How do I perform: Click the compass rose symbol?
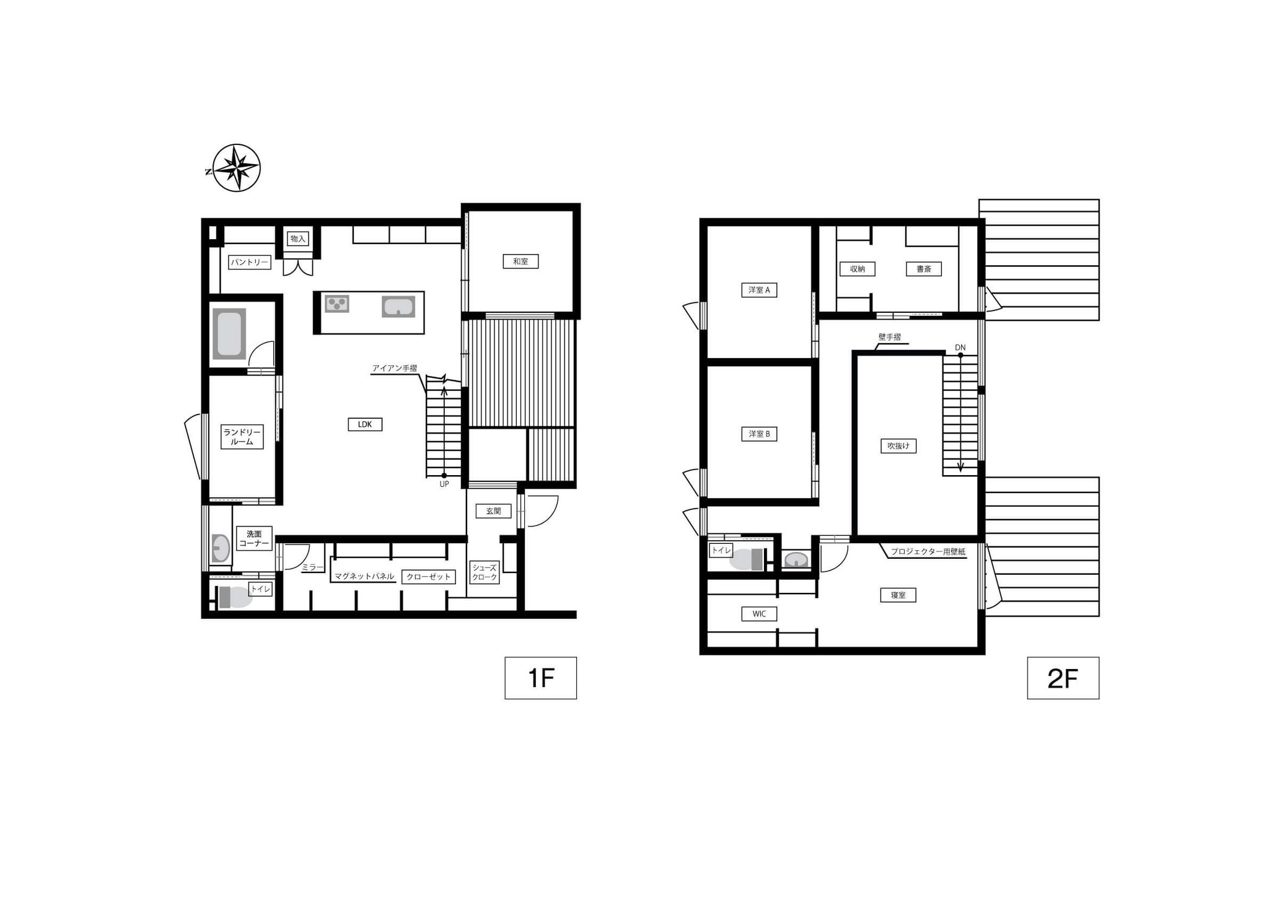[235, 168]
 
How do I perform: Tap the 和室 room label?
[520, 261]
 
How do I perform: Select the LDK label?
[365, 424]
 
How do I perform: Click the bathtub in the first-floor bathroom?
[229, 334]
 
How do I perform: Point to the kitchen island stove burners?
[337, 304]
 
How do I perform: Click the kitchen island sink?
[398, 307]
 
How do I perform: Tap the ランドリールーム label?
[242, 437]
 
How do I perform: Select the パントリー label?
[250, 262]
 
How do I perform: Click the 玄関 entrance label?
[493, 511]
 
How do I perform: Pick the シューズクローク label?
[485, 572]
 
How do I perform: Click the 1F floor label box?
[540, 678]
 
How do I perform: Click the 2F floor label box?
[1063, 678]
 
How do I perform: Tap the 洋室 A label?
[759, 290]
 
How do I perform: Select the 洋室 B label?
[759, 434]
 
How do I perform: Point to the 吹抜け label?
[898, 446]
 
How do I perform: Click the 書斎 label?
[924, 269]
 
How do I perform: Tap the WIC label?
[759, 614]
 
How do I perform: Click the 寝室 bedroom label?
[898, 595]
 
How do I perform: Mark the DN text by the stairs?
[960, 348]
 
